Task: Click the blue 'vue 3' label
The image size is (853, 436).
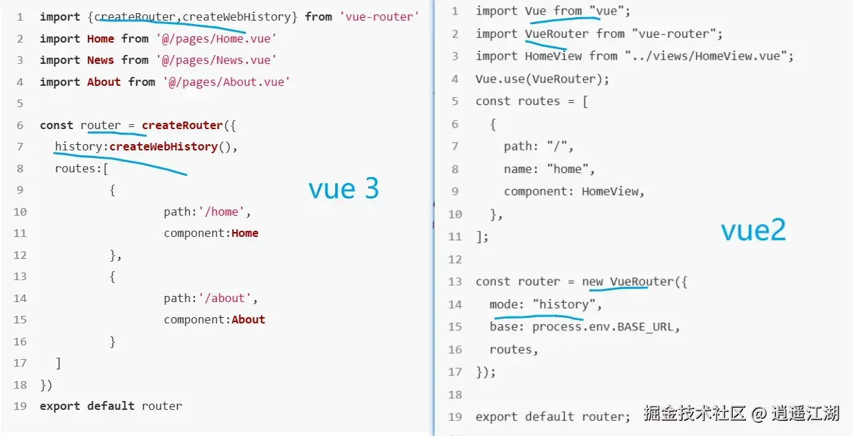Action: [x=343, y=189]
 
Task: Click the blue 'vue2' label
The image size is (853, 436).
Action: [x=753, y=231]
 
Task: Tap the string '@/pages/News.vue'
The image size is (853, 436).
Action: [x=216, y=60]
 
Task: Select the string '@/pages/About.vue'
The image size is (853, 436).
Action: [x=227, y=82]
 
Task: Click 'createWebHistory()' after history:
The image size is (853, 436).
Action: [x=173, y=146]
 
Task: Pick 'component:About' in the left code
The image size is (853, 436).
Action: [x=214, y=319]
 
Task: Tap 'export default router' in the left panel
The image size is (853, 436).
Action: [x=111, y=406]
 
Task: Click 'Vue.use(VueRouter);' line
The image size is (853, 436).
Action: [x=542, y=78]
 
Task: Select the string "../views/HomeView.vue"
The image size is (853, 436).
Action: [x=709, y=56]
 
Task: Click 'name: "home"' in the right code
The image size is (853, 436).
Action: [x=549, y=168]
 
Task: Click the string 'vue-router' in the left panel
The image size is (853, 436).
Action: [x=378, y=16]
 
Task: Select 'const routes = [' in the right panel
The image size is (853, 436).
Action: [x=532, y=101]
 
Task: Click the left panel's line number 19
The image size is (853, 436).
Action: [x=20, y=406]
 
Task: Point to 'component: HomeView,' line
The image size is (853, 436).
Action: [x=574, y=192]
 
